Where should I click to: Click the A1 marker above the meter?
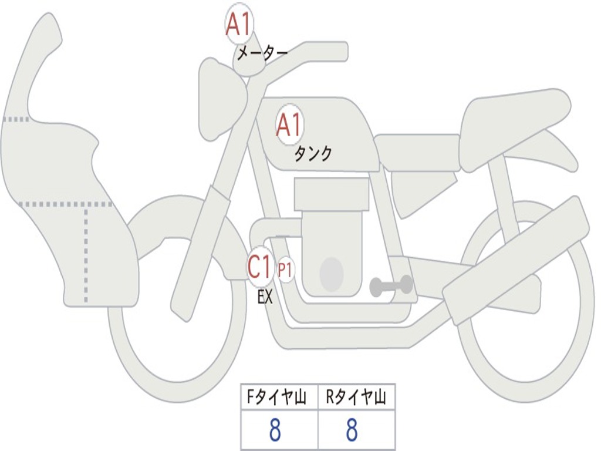tap(238, 25)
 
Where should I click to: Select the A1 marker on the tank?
tap(289, 125)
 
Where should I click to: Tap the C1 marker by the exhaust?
tap(259, 267)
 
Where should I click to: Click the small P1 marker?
tap(285, 271)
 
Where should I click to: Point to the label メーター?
tap(262, 54)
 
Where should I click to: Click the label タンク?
tap(313, 154)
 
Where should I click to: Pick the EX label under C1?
tap(265, 297)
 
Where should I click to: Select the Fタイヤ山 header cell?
tap(279, 399)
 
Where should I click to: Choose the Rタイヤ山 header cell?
tap(356, 399)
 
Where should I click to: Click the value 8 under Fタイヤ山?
tap(275, 430)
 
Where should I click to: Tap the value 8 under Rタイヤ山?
tap(352, 430)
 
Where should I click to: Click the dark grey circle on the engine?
tap(331, 274)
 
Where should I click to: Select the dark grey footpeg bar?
tap(391, 286)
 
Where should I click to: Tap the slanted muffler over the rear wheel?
tap(516, 258)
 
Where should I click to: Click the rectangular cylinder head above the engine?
tap(332, 194)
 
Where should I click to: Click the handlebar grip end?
tap(339, 51)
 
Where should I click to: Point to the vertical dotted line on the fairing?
tap(86, 253)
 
